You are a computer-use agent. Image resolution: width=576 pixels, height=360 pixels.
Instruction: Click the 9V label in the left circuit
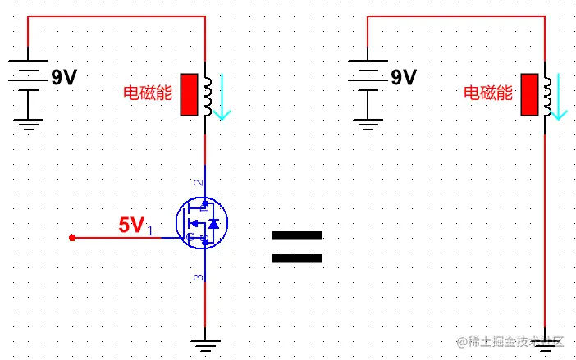coord(64,78)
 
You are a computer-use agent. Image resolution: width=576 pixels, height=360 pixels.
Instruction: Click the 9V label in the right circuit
coord(404,78)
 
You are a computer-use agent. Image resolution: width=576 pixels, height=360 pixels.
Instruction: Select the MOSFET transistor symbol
coord(202,223)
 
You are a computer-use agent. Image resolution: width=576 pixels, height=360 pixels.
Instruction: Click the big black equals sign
coord(297,247)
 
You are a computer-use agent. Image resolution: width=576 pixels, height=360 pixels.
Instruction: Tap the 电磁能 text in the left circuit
coord(147,93)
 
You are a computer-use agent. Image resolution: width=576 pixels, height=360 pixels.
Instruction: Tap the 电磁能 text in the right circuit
coord(488,93)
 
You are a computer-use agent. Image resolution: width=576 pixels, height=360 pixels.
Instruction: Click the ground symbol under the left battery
coord(29,124)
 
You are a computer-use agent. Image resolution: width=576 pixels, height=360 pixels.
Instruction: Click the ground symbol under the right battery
coord(368,124)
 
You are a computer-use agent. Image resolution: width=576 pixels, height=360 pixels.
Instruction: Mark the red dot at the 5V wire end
coord(72,238)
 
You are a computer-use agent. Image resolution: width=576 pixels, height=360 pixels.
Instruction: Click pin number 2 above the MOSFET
coord(197,182)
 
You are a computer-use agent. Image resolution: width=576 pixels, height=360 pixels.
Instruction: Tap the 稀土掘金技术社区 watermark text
coord(511,341)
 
